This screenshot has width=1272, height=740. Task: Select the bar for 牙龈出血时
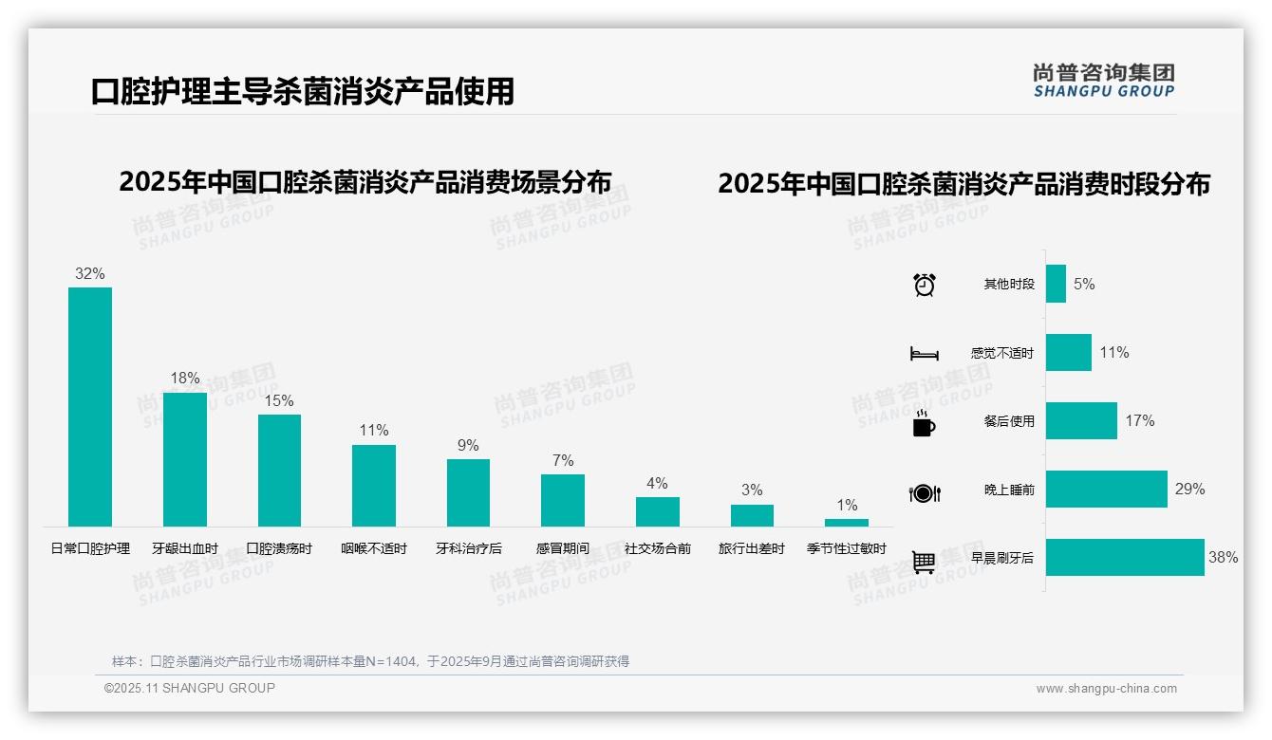184,459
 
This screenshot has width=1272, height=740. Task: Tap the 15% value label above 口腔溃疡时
279,401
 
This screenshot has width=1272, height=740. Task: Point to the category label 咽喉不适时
374,548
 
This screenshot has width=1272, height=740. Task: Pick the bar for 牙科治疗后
468,492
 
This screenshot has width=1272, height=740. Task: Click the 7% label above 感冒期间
563,460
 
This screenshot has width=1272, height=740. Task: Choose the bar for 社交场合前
658,511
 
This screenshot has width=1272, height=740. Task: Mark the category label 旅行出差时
752,548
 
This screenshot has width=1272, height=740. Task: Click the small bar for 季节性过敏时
847,523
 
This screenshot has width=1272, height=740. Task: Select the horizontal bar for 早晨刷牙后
1125,558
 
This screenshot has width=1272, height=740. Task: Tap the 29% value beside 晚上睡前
1189,490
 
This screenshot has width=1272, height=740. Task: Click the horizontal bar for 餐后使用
1081,421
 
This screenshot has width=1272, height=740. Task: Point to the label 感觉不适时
1001,353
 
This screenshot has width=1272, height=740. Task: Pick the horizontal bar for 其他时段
1056,284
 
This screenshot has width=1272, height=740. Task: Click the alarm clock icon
925,285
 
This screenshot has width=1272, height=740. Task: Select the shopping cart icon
924,562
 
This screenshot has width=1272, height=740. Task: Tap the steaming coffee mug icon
924,423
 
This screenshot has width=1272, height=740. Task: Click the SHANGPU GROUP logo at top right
1104,81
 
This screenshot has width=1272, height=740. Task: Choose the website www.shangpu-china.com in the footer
1106,689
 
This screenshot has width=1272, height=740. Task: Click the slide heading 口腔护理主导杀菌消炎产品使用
303,91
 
